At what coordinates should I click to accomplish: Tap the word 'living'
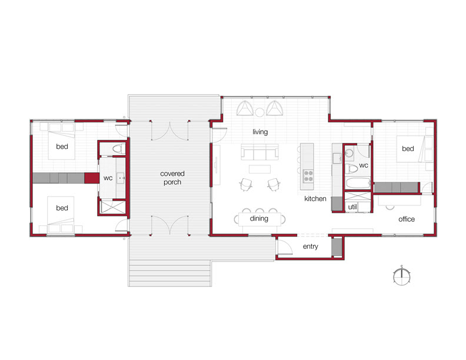[260, 132]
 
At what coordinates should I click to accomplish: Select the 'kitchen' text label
[315, 199]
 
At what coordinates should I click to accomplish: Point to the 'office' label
[406, 219]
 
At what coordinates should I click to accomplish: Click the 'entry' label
[310, 246]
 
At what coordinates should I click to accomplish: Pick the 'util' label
[352, 207]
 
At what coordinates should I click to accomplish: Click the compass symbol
[402, 276]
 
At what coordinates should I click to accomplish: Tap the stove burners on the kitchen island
[308, 175]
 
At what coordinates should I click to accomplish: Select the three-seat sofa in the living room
[259, 154]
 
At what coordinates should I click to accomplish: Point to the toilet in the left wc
[118, 148]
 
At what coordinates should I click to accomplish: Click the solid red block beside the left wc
[91, 178]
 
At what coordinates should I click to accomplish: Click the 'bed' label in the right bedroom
[408, 149]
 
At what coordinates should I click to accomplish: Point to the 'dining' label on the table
[259, 219]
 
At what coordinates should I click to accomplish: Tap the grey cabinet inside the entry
[337, 247]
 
